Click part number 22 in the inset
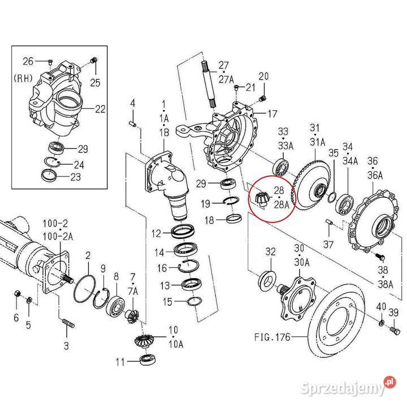[x=100, y=109]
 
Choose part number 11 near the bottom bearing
[x=120, y=362]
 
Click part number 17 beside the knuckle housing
[x=272, y=114]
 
